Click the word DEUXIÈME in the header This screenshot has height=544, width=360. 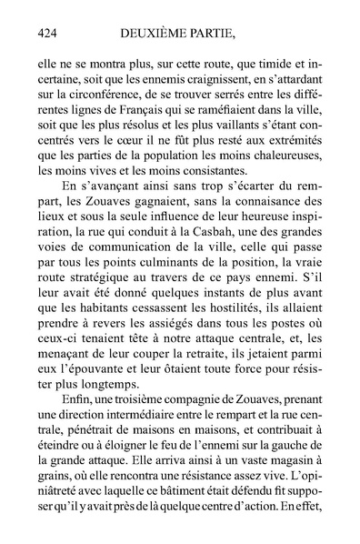(x=160, y=34)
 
